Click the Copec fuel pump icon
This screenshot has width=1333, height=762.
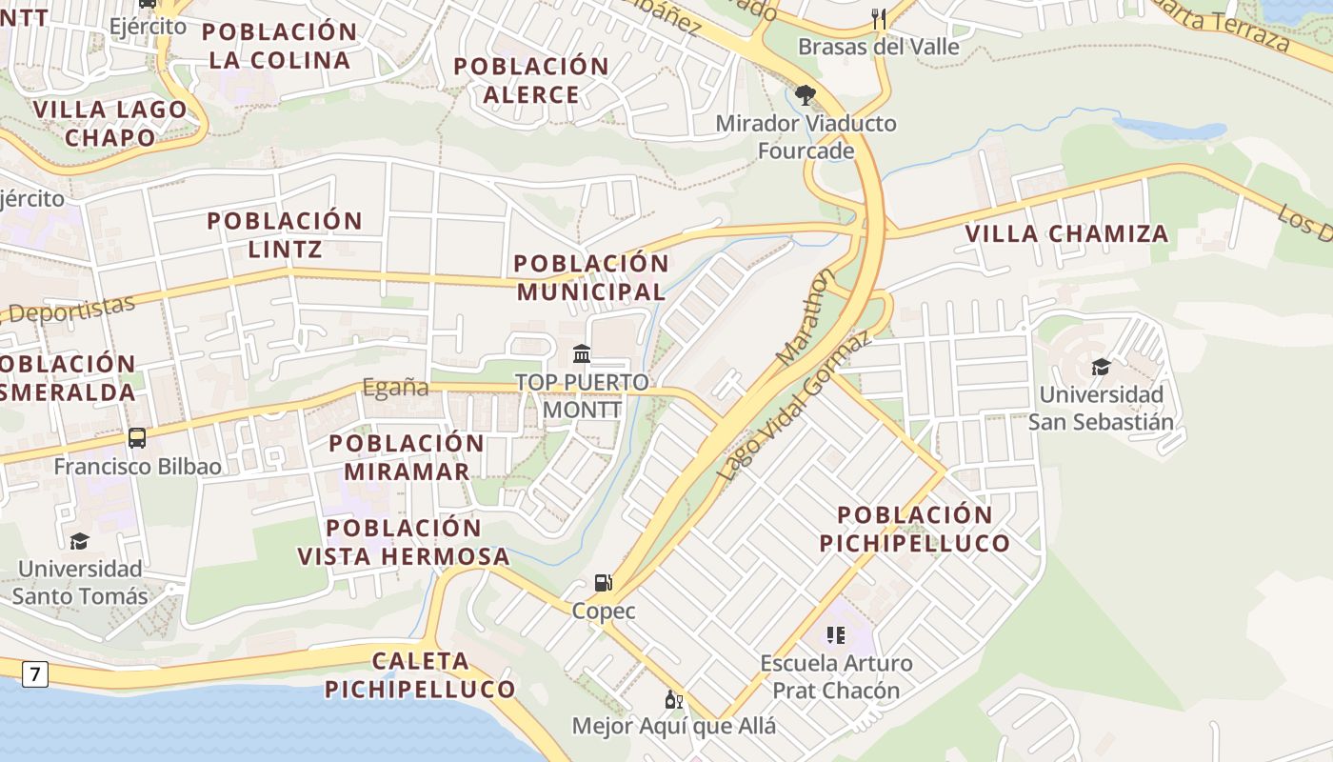point(602,582)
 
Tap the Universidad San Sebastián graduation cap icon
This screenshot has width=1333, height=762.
point(1101,367)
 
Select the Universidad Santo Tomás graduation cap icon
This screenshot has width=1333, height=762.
point(80,541)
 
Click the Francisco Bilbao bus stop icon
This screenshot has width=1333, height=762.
point(137,438)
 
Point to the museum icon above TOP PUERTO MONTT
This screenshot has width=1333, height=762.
point(582,354)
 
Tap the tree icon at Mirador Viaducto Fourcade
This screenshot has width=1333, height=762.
point(806,94)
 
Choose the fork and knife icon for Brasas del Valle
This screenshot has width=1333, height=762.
point(878,18)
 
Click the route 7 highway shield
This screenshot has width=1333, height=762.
point(35,674)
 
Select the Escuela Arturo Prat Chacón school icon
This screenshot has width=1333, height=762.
point(836,635)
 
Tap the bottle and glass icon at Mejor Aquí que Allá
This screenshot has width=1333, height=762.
point(674,699)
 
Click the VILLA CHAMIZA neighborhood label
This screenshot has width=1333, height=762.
point(1066,233)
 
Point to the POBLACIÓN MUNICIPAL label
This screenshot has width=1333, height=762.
point(591,277)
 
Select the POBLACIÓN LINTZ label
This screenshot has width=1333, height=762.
point(285,235)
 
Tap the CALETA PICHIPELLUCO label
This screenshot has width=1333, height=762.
point(420,674)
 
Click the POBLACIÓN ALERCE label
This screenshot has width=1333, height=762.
point(531,80)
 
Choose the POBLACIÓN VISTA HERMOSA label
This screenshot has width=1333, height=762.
point(404,542)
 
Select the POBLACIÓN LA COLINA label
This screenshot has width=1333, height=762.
point(279,45)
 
